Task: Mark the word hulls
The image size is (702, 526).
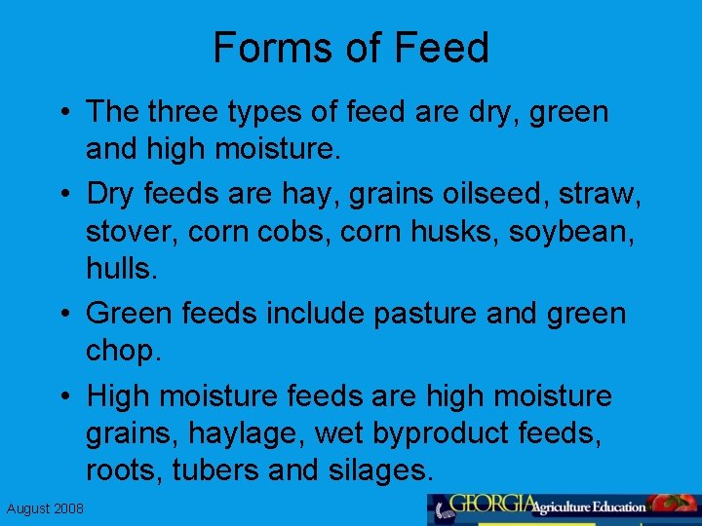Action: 120,269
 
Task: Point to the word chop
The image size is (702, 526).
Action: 123,350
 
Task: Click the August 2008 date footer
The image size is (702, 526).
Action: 45,508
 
